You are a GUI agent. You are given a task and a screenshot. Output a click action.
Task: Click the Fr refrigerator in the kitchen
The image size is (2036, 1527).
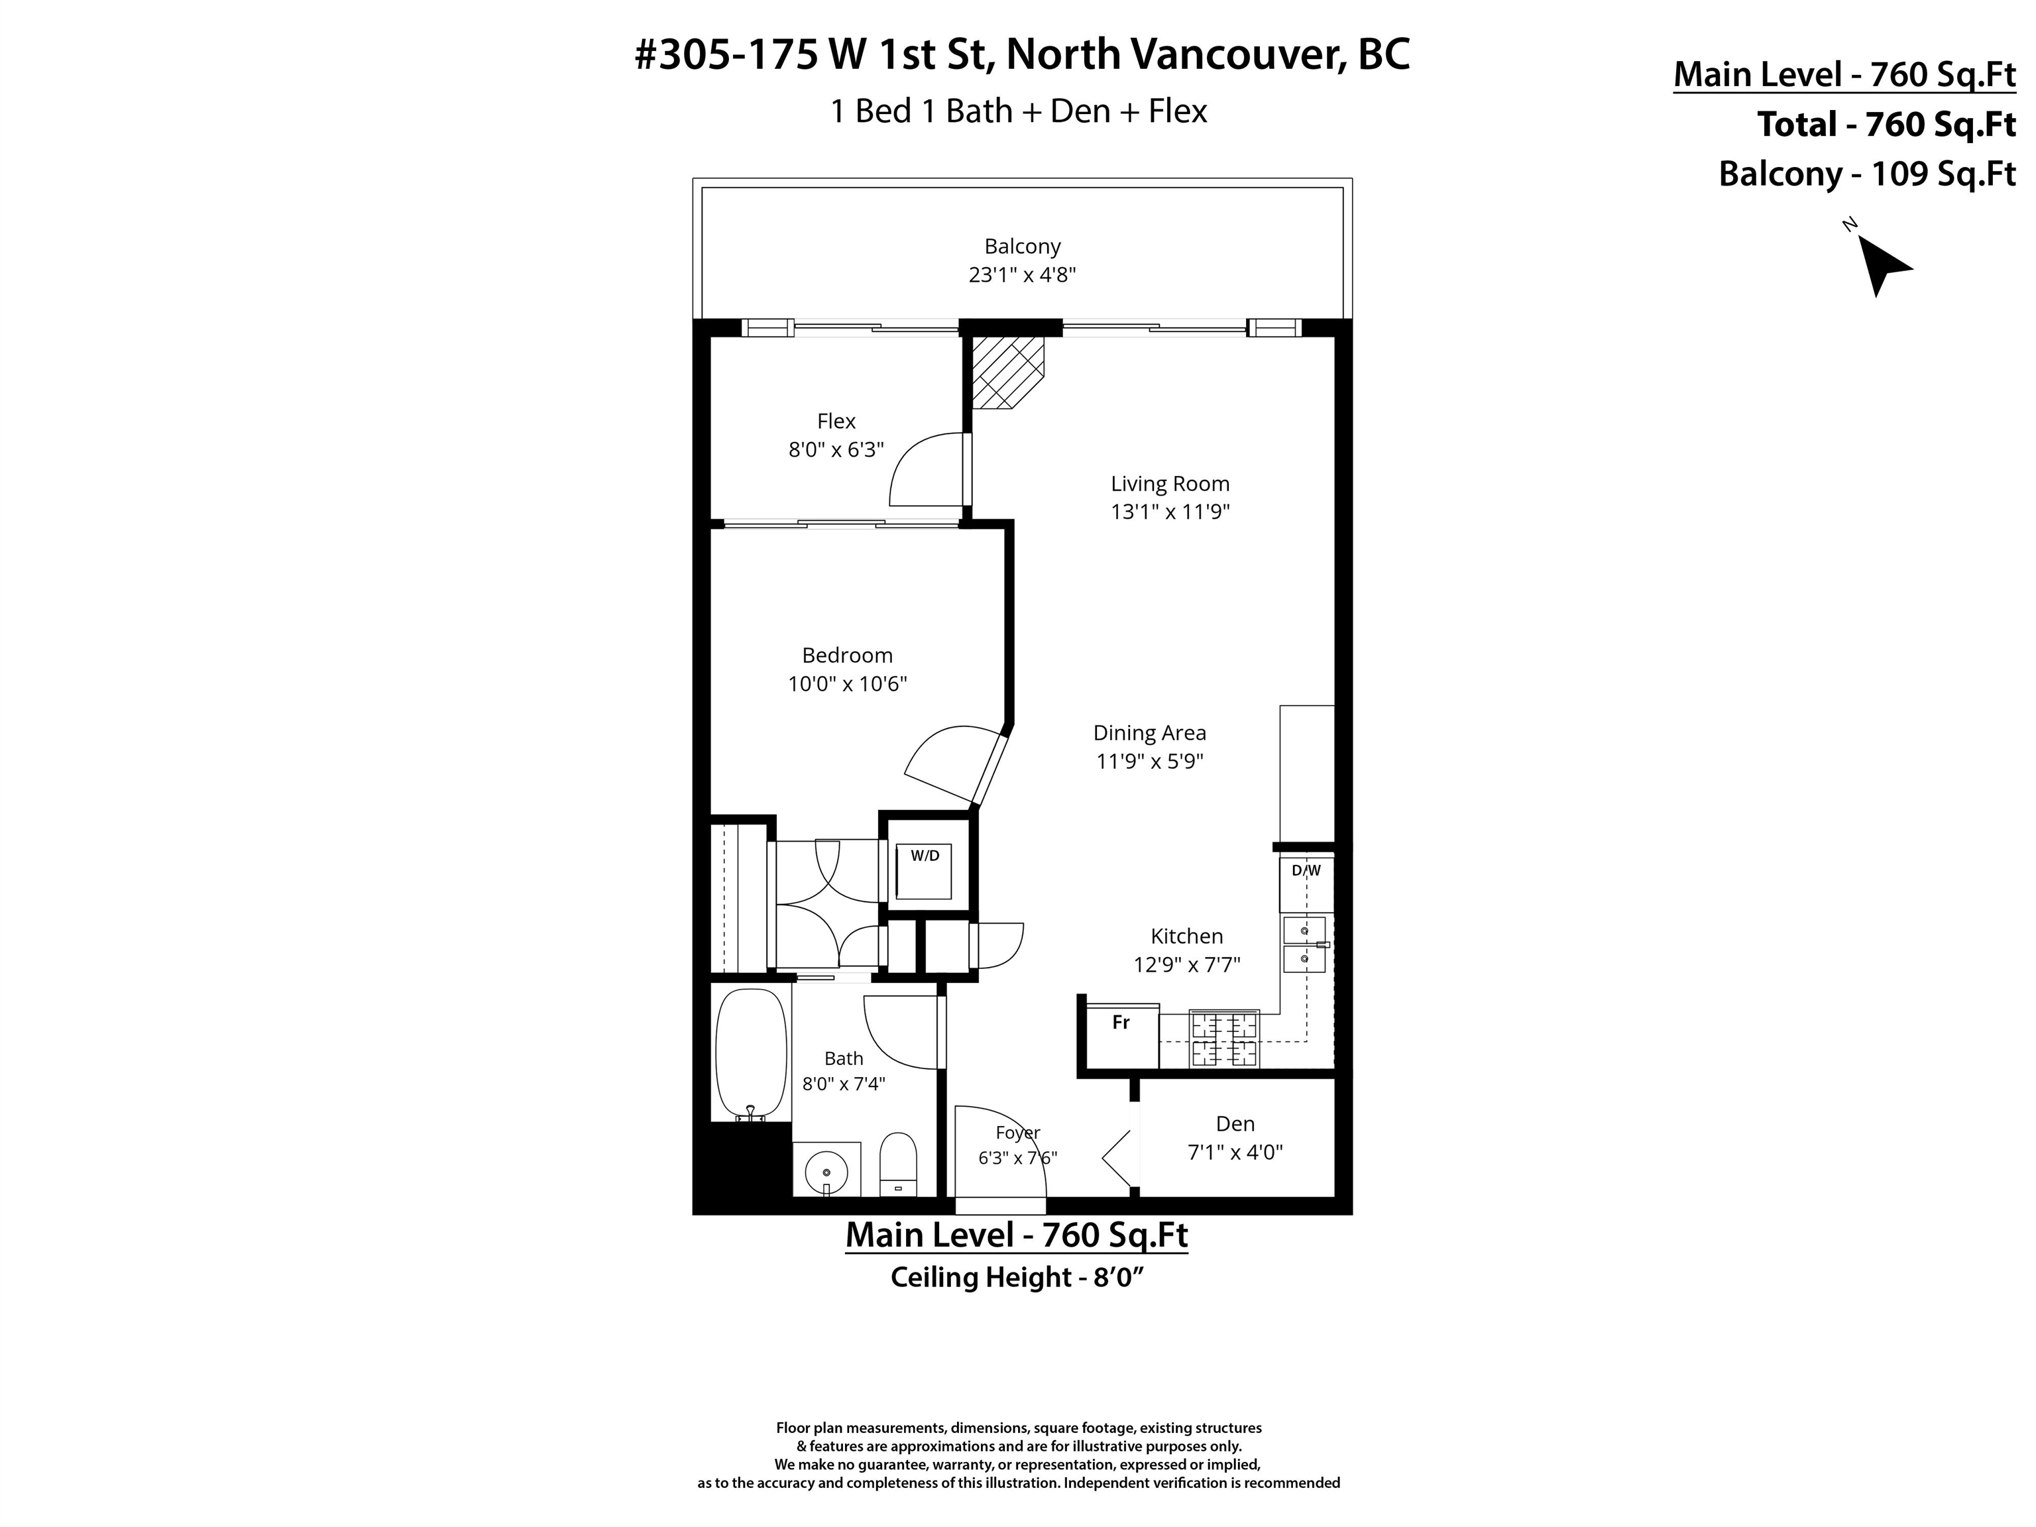point(1122,1035)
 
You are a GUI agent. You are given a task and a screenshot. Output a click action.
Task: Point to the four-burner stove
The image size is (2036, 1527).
point(1224,1039)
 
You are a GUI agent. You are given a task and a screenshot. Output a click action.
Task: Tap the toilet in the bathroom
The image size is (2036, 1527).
point(898,1164)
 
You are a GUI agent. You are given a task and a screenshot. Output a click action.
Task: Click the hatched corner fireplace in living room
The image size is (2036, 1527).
point(1009,372)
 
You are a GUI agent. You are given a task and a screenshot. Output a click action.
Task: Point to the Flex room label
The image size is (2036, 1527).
point(836,422)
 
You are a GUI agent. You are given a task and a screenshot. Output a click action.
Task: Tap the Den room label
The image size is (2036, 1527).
point(1235,1124)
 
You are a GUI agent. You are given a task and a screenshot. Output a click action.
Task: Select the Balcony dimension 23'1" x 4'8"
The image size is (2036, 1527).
point(1022,275)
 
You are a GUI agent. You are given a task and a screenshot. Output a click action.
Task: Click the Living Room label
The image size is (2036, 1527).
point(1170,484)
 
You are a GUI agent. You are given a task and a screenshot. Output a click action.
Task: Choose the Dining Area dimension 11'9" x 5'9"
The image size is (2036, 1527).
point(1150,762)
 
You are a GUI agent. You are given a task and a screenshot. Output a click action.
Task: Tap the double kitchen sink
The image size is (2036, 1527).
point(1304,944)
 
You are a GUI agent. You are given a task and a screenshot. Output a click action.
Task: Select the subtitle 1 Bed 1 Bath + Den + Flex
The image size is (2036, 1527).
point(1019,111)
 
